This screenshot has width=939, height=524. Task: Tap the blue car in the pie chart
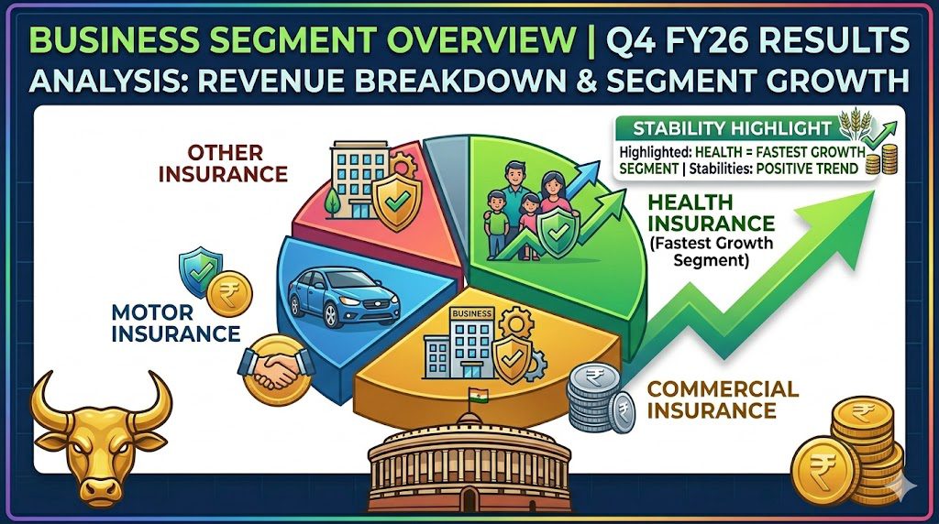pyautogui.click(x=343, y=299)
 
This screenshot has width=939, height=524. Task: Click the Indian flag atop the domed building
pyautogui.click(x=479, y=397)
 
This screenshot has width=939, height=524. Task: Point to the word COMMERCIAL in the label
pyautogui.click(x=723, y=388)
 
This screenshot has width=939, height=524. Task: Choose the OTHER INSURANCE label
pyautogui.click(x=223, y=163)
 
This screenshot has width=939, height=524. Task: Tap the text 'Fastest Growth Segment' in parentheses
pyautogui.click(x=711, y=252)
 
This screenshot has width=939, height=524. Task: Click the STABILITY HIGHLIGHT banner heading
pyautogui.click(x=733, y=128)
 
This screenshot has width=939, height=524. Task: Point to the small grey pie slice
pyautogui.click(x=447, y=191)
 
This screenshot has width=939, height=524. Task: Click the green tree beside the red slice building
pyautogui.click(x=330, y=202)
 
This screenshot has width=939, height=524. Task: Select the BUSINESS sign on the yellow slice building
pyautogui.click(x=472, y=313)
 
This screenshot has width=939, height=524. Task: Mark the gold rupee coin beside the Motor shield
pyautogui.click(x=230, y=294)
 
